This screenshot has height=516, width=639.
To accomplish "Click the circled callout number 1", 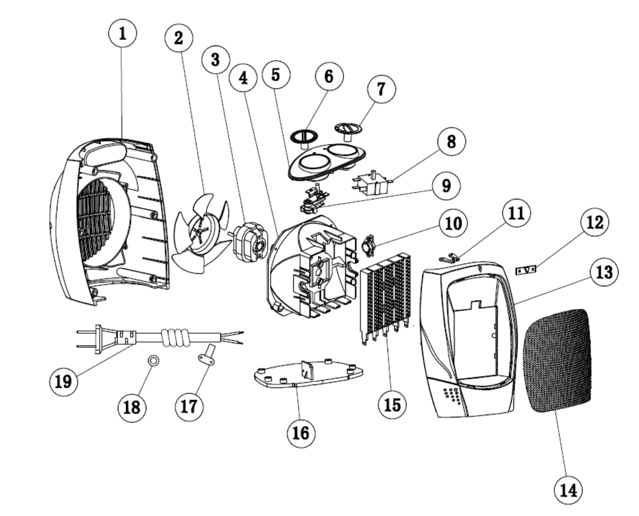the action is click(122, 34).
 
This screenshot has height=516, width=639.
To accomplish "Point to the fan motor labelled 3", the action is click(250, 242).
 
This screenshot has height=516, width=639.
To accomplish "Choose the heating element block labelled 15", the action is click(386, 298).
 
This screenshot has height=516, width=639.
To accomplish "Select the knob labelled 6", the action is click(304, 138).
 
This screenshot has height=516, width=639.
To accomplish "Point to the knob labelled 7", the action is click(348, 131).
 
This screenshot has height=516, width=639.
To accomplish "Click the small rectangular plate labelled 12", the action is click(526, 270).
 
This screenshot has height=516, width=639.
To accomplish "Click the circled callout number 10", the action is click(453, 224).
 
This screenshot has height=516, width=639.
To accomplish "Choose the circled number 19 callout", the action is click(63, 382).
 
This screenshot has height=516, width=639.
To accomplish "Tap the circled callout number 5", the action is click(276, 75).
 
